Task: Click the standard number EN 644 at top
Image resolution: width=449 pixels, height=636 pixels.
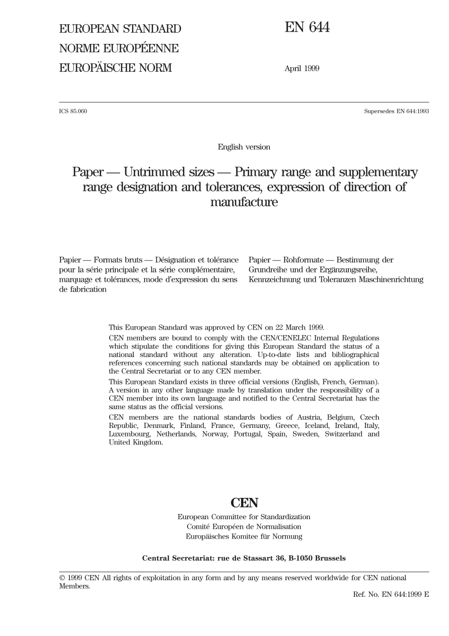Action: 307,28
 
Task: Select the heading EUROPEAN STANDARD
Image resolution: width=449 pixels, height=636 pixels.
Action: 120,29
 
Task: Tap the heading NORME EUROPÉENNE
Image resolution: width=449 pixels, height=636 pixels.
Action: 119,48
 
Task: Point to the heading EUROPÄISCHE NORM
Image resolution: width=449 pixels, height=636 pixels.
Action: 115,68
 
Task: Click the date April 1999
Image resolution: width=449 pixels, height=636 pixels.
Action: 302,69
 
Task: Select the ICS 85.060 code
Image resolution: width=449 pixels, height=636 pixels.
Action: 73,112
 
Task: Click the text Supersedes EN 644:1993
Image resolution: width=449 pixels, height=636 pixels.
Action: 396,112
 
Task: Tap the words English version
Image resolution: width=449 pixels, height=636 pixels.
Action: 244,147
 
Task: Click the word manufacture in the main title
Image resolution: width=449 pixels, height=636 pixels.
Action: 244,202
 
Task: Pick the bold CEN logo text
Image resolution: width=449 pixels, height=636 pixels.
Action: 244,503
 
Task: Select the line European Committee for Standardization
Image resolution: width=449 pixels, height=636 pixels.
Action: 244,517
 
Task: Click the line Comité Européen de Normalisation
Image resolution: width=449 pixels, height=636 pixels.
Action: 244,527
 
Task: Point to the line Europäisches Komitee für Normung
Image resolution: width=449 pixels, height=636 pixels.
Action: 244,537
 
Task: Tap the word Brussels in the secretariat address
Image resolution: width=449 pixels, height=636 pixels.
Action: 330,558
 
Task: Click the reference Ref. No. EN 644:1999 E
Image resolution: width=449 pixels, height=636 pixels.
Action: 391,594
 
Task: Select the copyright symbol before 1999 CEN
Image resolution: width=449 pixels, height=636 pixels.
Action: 62,578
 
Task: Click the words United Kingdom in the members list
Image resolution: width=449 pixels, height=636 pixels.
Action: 136,443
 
